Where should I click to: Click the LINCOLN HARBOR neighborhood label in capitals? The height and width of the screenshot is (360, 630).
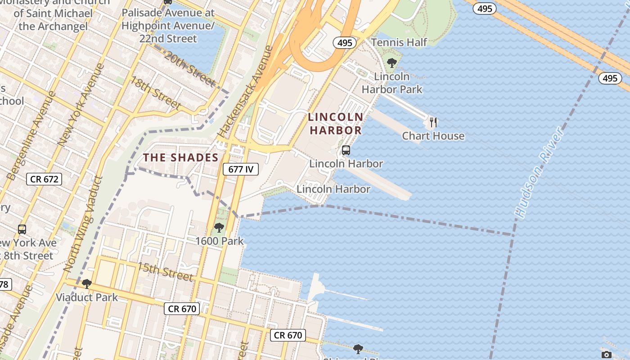tap(335, 124)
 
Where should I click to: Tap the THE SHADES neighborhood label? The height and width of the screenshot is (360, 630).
tap(180, 157)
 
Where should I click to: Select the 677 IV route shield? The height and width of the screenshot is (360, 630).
tap(241, 169)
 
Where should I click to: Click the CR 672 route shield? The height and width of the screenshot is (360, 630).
tap(44, 179)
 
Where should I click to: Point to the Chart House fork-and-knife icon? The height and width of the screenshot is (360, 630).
tap(433, 122)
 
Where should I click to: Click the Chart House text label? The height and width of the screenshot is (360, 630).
tap(433, 136)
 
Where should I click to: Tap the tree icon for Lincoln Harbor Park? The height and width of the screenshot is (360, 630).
tap(392, 63)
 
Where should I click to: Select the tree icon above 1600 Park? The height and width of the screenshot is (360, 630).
tap(219, 228)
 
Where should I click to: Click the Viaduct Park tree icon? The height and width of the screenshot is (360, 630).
tap(87, 284)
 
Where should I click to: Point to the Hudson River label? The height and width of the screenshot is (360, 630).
tap(539, 172)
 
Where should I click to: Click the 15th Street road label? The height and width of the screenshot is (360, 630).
tap(165, 271)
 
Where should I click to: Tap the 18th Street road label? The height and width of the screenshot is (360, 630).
tap(155, 93)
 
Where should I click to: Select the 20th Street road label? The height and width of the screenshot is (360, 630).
tap(189, 69)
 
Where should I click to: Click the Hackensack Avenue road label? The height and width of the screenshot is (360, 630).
tap(245, 91)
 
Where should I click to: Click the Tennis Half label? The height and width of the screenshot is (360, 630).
tap(399, 42)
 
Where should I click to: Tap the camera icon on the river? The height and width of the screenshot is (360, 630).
tap(606, 355)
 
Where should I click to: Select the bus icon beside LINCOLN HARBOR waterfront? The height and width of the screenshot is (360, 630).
tap(346, 150)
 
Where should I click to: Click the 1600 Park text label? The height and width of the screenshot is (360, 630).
tap(219, 241)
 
